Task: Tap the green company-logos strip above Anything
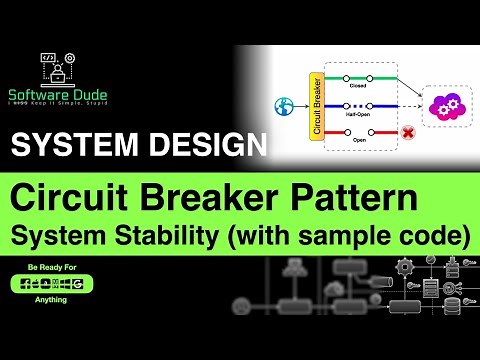click(48, 284)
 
